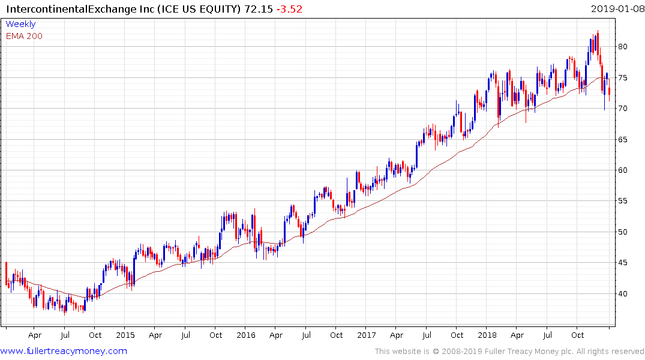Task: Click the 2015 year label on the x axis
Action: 125,335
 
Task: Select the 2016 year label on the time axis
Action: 246,335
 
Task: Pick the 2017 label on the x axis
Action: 367,335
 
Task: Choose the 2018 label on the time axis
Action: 487,335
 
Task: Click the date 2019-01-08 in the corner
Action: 616,8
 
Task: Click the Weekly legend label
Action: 20,24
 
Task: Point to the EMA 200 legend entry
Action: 24,36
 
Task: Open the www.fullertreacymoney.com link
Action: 64,351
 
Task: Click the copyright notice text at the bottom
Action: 509,351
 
